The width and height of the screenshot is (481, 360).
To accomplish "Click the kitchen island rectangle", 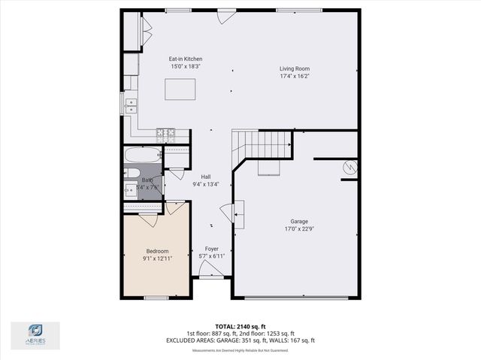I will click(x=180, y=89).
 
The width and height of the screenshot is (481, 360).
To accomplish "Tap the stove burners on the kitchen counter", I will click(x=165, y=135).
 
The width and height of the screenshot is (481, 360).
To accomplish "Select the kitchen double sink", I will click(x=131, y=104).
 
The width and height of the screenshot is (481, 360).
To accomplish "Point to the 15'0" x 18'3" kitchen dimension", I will click(x=186, y=67).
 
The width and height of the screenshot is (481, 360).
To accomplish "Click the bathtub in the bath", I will click(x=143, y=156).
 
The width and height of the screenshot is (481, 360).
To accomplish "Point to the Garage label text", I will click(x=299, y=222).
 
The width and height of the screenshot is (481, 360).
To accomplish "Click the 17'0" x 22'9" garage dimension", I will click(x=299, y=230).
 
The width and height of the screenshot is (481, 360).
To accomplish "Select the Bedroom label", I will click(x=157, y=251).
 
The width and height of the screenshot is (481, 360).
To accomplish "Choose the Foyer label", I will click(x=211, y=248).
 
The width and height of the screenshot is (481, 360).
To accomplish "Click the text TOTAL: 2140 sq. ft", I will click(x=240, y=326).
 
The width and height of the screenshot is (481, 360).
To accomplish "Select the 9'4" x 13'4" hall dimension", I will click(x=205, y=184).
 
